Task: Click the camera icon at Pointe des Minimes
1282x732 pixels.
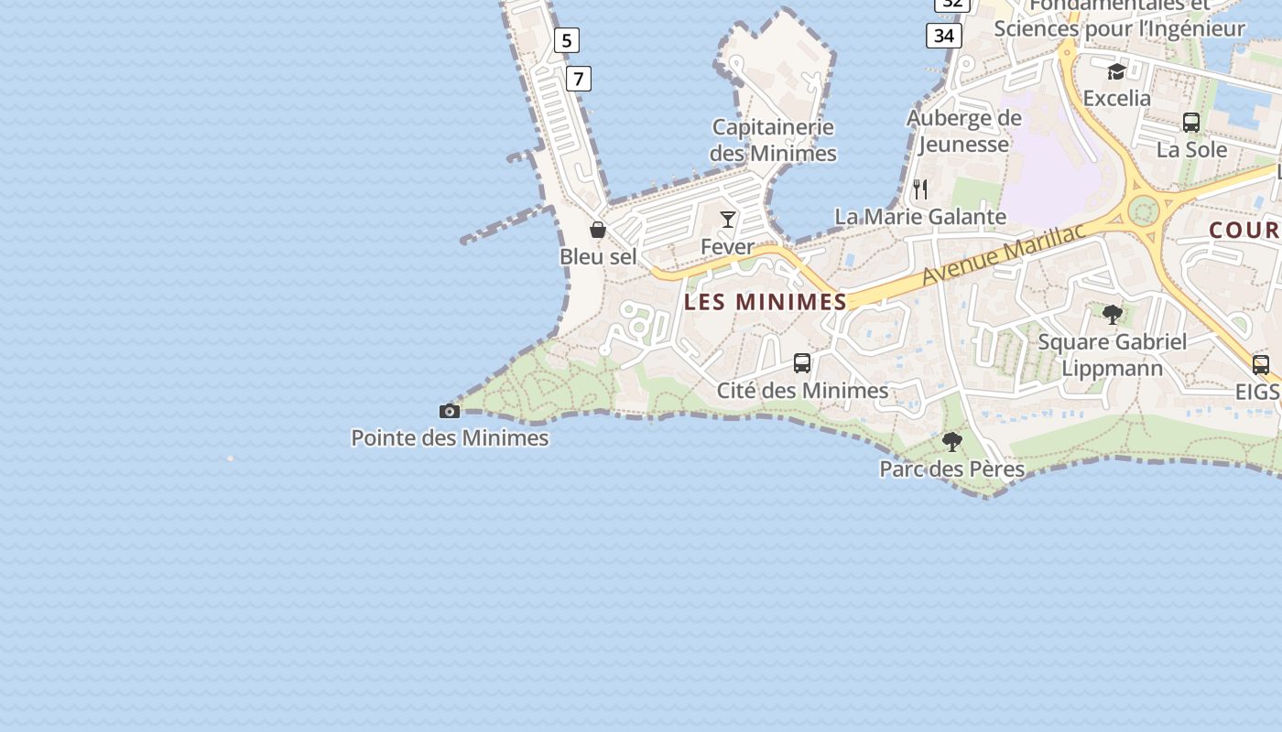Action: click(449, 411)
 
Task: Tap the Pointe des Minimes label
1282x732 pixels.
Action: click(450, 438)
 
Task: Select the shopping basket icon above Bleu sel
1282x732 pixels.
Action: click(598, 230)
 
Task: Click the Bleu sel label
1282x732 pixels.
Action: click(598, 257)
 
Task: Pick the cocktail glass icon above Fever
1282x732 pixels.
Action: click(728, 219)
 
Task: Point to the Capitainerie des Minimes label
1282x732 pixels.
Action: click(773, 140)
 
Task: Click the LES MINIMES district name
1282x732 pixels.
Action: click(766, 302)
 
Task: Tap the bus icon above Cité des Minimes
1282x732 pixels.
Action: click(802, 363)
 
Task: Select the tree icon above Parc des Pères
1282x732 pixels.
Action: click(952, 442)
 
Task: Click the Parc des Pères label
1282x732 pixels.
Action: click(952, 469)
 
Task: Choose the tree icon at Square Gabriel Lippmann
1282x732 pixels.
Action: click(1113, 315)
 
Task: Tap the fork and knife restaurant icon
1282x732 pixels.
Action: click(920, 189)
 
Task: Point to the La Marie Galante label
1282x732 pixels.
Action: click(920, 217)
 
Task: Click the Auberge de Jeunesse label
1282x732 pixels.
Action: click(963, 131)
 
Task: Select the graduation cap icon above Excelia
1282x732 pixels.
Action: click(1116, 71)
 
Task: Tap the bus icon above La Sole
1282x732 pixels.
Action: click(1191, 123)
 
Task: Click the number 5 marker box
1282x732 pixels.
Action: click(567, 40)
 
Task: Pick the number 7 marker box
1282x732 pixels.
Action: click(578, 79)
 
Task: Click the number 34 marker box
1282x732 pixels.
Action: click(944, 36)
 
